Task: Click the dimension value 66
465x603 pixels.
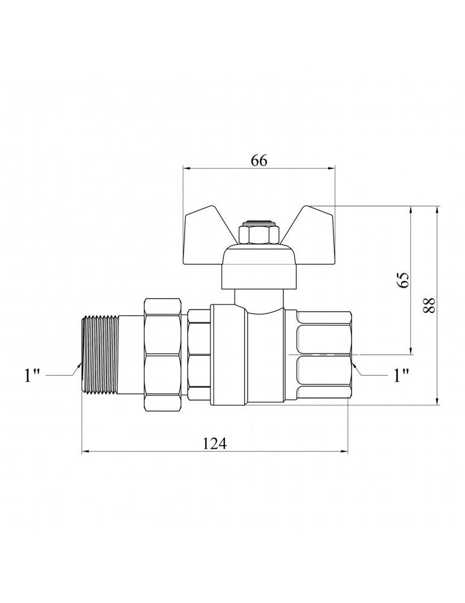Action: [259, 160]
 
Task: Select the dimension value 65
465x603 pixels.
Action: [403, 280]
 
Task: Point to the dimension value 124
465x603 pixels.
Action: [215, 444]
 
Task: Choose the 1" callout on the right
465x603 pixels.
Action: [400, 376]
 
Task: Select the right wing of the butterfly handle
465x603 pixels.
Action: [311, 236]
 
